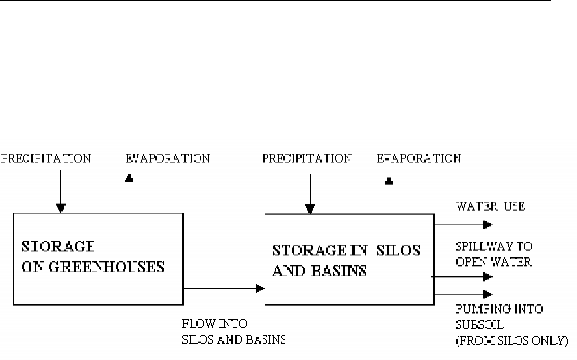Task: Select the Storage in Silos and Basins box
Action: pyautogui.click(x=349, y=259)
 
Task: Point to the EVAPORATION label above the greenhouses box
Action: pyautogui.click(x=168, y=159)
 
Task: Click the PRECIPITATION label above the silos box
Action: pyautogui.click(x=306, y=159)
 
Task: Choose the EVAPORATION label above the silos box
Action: pyautogui.click(x=418, y=159)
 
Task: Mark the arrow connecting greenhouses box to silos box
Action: pyautogui.click(x=224, y=289)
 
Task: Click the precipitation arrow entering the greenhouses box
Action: pyautogui.click(x=60, y=191)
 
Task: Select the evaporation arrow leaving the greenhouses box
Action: pyautogui.click(x=129, y=194)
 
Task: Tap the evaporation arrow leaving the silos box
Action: pyautogui.click(x=389, y=195)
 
